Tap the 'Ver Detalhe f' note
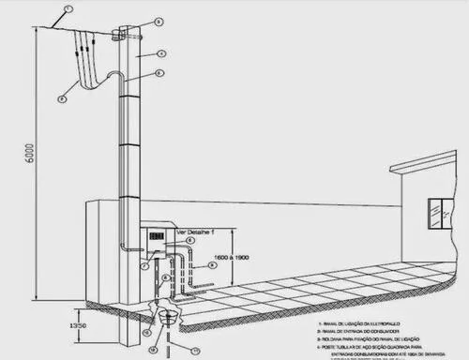pyautogui.click(x=187, y=229)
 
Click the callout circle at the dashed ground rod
pyautogui.click(x=195, y=350)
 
